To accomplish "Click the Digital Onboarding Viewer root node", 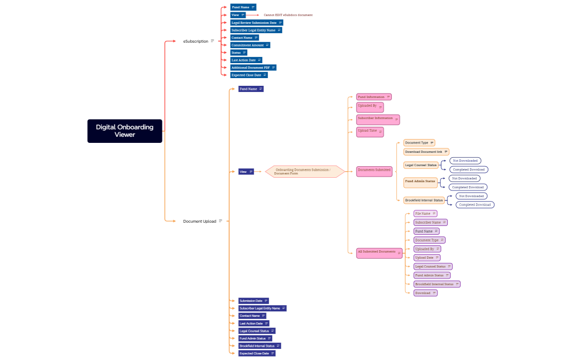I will point(125,131).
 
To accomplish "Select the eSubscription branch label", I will point(196,41).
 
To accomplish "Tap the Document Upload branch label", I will point(200,221).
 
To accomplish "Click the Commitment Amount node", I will point(247,45).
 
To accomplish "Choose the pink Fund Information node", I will point(371,97).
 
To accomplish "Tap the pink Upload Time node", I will point(367,131).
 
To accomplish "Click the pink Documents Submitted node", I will point(374,170).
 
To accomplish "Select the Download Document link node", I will point(423,152).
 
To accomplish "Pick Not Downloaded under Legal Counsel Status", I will point(464,161).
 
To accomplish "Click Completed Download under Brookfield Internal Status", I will point(474,205).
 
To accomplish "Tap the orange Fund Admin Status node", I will point(420,181).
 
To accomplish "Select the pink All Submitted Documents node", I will point(376,251).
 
